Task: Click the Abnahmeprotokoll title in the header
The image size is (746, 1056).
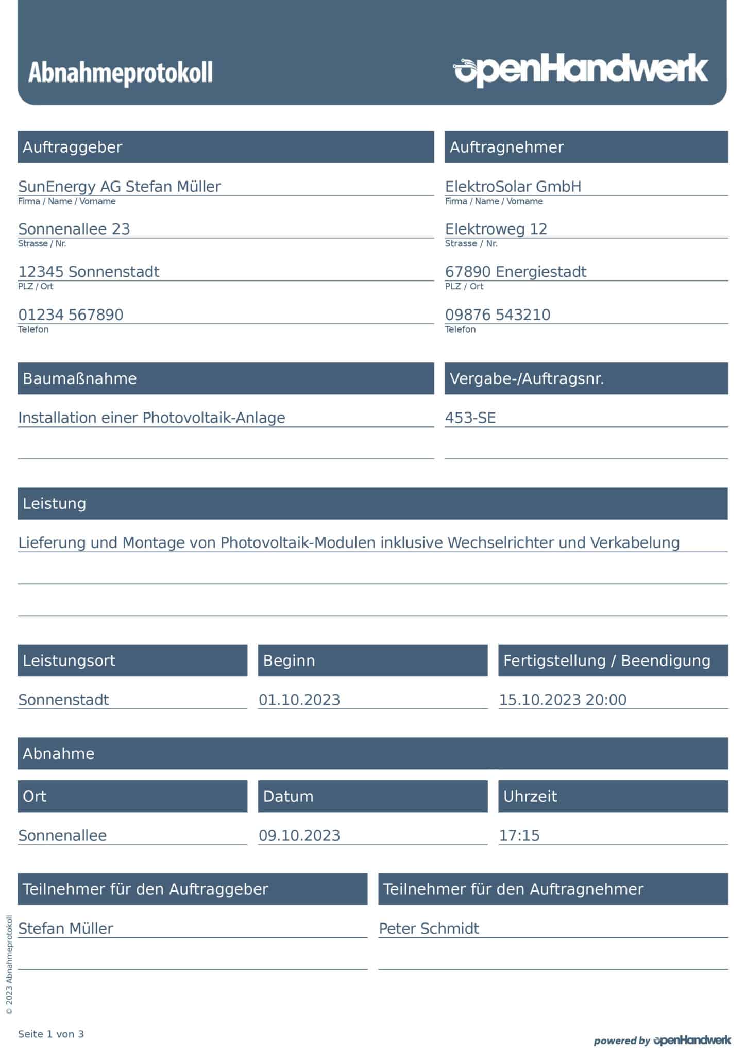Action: click(x=120, y=73)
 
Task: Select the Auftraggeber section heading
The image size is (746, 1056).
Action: click(x=73, y=147)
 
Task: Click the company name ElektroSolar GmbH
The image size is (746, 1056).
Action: click(x=513, y=186)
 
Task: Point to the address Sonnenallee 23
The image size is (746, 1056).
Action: click(x=74, y=229)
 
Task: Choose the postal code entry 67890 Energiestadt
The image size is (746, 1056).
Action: click(x=516, y=272)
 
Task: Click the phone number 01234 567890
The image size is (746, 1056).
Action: click(x=71, y=315)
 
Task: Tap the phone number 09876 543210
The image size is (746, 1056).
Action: click(x=498, y=315)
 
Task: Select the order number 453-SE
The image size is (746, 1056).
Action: click(x=470, y=418)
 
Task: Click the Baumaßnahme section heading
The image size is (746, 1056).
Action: click(x=80, y=379)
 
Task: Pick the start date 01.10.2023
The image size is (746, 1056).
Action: click(x=299, y=700)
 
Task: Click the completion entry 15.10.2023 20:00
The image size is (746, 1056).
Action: click(x=563, y=700)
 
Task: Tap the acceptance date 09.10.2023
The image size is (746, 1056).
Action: click(x=299, y=835)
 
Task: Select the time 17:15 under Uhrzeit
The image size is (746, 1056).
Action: click(x=519, y=835)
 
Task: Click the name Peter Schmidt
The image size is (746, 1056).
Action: click(x=429, y=929)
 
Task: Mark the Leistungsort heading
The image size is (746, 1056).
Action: click(x=69, y=661)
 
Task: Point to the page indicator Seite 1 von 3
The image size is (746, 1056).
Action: click(x=51, y=1034)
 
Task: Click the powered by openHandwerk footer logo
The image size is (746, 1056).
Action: click(x=662, y=1040)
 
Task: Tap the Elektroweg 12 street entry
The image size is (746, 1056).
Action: click(x=496, y=229)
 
